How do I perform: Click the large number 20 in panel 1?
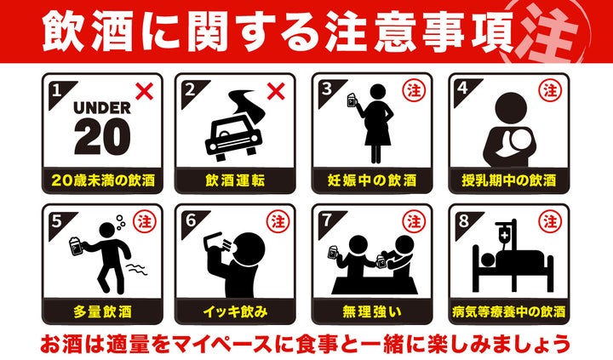102,137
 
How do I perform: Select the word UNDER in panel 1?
102,107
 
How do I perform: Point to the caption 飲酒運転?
235,180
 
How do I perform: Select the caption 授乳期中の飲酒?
508,180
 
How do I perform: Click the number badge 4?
462,87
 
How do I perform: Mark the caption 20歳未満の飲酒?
102,180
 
